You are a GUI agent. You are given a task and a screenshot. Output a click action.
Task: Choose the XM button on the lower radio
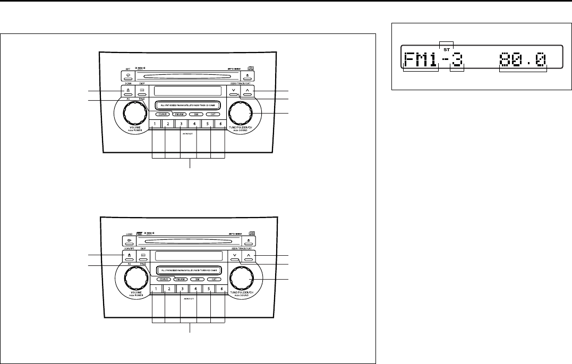tap(197, 279)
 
